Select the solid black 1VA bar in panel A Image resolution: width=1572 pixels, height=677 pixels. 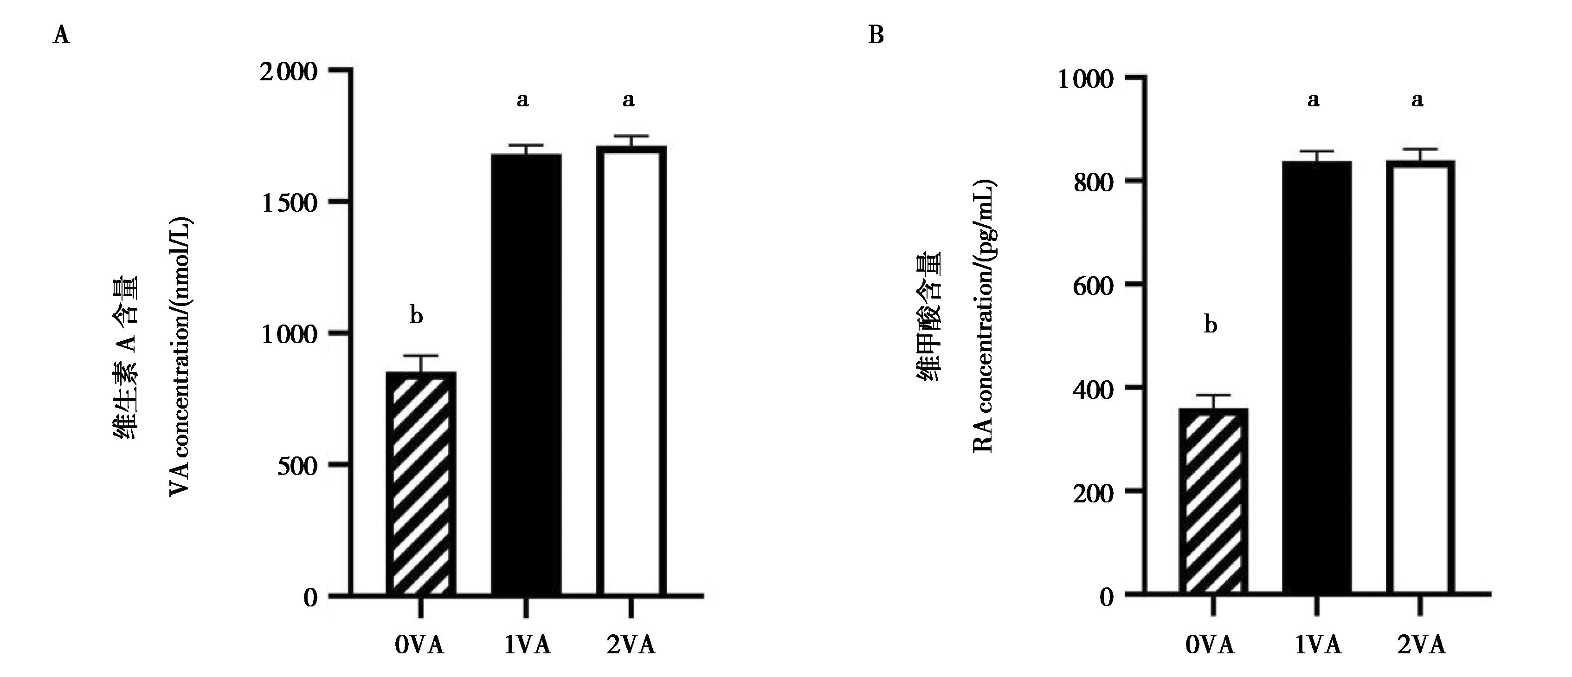[526, 376]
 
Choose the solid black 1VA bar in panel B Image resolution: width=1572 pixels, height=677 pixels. [1317, 378]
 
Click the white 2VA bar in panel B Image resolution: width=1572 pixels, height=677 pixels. [1421, 378]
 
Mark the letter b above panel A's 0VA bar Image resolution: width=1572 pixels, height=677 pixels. [416, 316]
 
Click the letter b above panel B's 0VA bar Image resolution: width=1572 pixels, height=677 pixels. [1210, 325]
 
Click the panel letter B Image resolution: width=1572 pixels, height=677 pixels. [876, 35]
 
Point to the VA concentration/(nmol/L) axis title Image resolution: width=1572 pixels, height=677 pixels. [180, 366]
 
